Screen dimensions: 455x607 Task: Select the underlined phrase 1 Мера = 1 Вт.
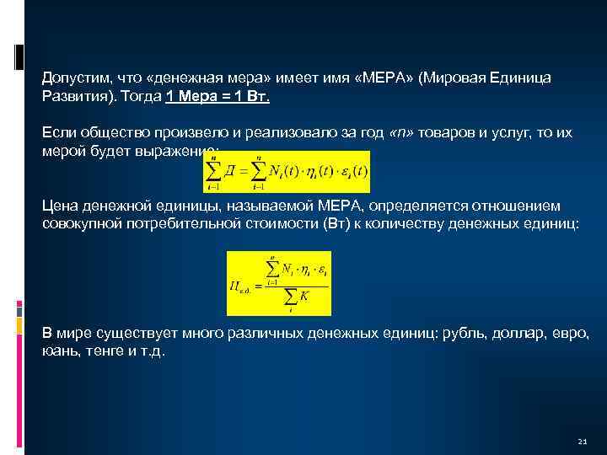(x=218, y=96)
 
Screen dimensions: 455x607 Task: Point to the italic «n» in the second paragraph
(x=402, y=133)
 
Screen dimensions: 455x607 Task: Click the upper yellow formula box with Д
(x=287, y=172)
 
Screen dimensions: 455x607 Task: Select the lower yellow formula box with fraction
(x=278, y=282)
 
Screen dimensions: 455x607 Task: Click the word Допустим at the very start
(x=73, y=78)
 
